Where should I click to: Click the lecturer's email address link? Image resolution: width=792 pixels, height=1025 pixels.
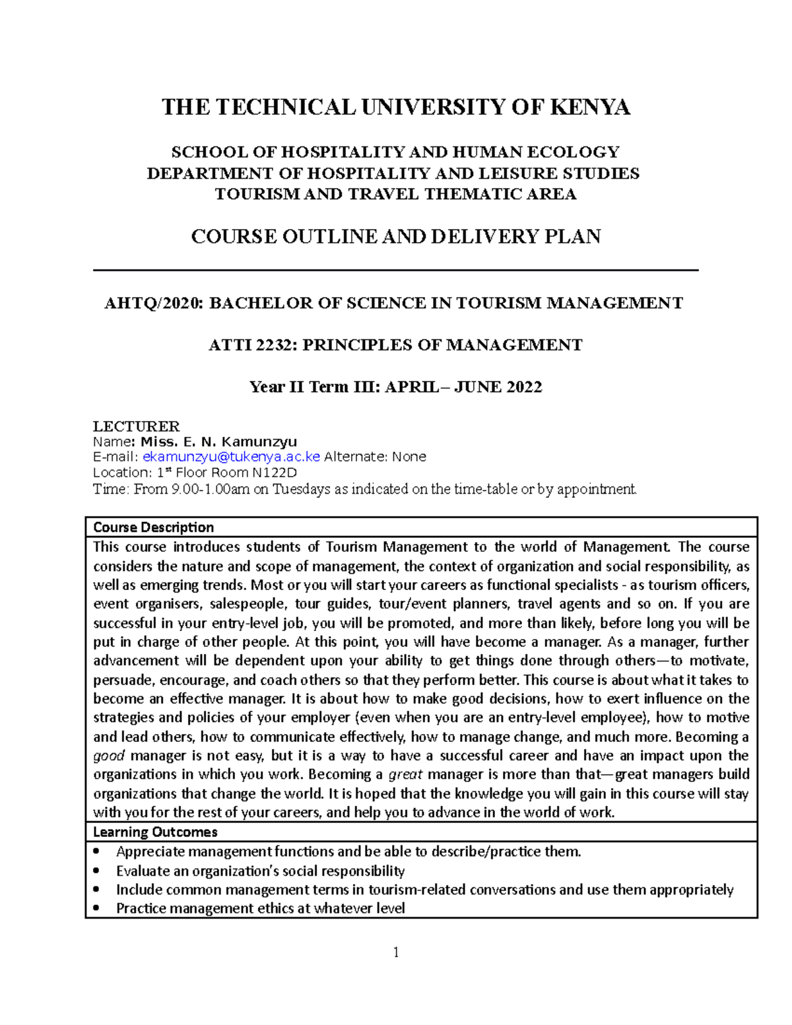click(231, 457)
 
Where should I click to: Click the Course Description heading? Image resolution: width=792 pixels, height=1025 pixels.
click(153, 527)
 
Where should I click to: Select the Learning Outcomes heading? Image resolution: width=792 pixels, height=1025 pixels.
click(155, 832)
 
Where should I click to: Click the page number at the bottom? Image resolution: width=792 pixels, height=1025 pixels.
click(396, 952)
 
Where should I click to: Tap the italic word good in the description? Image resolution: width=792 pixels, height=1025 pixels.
click(108, 756)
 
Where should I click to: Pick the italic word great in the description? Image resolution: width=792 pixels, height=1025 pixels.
click(405, 775)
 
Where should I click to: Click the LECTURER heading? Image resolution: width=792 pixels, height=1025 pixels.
click(136, 426)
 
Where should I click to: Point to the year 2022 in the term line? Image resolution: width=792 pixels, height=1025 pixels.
click(524, 387)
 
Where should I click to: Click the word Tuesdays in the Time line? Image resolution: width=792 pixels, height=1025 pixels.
click(297, 489)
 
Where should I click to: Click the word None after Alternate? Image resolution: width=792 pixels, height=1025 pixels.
click(409, 457)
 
